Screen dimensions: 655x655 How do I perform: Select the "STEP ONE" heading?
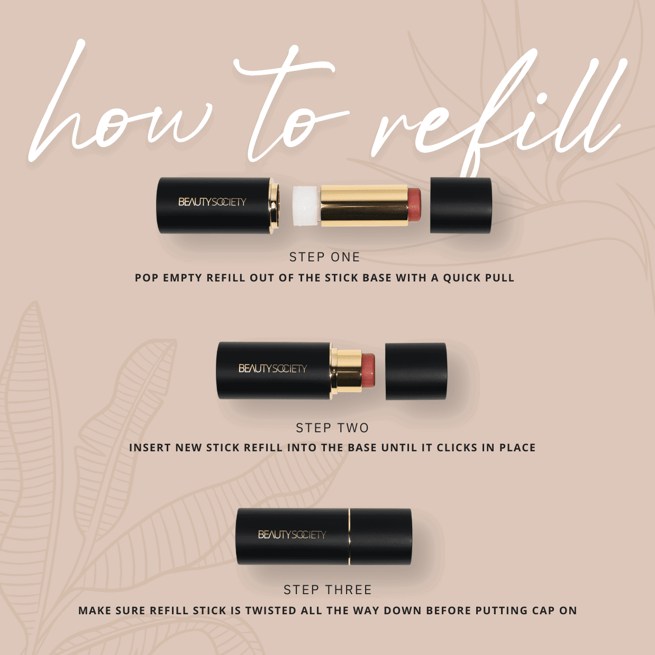pos(324,257)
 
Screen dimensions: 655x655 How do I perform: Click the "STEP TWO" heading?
pos(332,428)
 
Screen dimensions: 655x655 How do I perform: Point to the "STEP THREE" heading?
pos(327,590)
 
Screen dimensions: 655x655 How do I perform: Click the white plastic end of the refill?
pos(306,205)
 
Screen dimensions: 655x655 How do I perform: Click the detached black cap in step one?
pos(460,205)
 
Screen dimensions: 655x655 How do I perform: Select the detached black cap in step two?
pos(416,371)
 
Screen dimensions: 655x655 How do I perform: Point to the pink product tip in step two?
pos(368,370)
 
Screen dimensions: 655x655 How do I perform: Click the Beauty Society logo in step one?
pos(212,202)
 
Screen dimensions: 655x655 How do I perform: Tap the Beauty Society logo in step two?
pos(272,368)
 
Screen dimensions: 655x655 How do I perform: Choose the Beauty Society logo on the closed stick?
pos(292,535)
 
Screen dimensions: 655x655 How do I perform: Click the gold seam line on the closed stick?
pos(349,536)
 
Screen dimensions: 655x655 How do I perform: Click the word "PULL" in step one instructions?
pos(500,278)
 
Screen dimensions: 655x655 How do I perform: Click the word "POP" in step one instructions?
pos(147,278)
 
